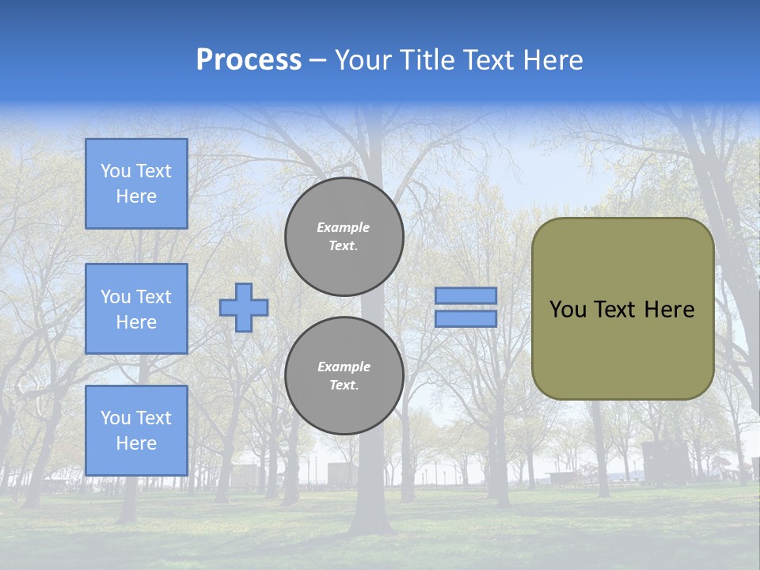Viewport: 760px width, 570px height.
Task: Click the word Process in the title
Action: [249, 60]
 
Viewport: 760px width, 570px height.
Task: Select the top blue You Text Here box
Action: [136, 184]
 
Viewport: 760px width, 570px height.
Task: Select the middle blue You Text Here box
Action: [136, 309]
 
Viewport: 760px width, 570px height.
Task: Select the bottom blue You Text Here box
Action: [136, 430]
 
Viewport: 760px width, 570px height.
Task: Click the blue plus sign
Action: [244, 307]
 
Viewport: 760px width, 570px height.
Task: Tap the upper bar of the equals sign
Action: [465, 295]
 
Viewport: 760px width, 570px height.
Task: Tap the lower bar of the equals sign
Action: [465, 319]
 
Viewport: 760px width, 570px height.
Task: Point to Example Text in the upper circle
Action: [344, 236]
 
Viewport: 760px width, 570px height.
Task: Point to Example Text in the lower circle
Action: [344, 375]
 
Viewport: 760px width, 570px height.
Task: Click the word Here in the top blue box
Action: [136, 196]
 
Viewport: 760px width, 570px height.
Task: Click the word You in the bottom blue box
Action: [116, 417]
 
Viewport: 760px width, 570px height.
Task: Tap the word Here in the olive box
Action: [669, 310]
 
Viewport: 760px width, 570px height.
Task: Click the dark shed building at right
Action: [665, 463]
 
